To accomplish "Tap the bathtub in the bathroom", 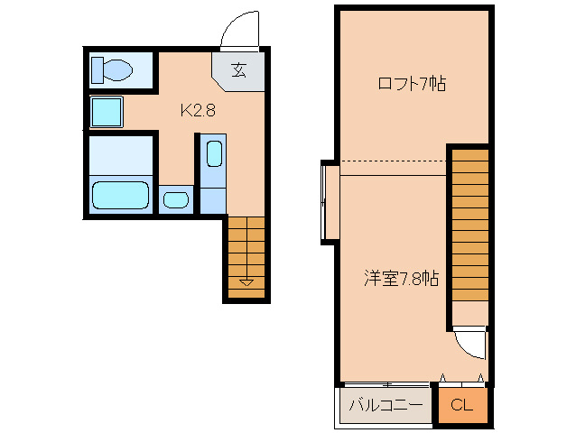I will point(121,194).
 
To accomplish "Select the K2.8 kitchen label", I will point(197,111).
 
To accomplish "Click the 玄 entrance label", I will point(238,70).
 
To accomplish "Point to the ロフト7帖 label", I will point(412,85).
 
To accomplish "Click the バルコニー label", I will point(386,405).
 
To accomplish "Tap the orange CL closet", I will point(461,405).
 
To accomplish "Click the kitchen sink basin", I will point(214,152).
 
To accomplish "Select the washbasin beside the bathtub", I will point(176,198).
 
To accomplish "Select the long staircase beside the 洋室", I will point(469,226).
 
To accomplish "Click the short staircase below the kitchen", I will point(246,253).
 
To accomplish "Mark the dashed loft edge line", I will point(393,161).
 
